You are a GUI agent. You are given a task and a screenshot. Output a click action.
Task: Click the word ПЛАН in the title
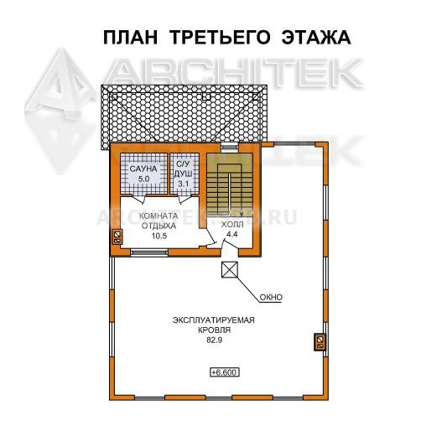(x=130, y=38)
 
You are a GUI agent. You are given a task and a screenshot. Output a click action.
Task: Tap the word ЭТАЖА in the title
(x=316, y=38)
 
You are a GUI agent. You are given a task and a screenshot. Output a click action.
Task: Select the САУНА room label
(x=143, y=169)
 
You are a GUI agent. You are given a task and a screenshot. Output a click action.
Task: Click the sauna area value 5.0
(x=143, y=179)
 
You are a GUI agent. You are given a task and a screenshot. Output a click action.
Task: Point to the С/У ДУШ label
(x=184, y=169)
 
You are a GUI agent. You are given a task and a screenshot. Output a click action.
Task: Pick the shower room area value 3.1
(x=184, y=184)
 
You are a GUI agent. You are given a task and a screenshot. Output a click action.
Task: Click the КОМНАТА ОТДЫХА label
(x=159, y=221)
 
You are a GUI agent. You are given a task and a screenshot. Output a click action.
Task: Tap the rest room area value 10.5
(x=159, y=236)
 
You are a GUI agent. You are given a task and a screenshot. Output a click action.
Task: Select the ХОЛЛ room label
(x=232, y=225)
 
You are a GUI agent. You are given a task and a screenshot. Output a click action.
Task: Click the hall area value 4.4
(x=232, y=234)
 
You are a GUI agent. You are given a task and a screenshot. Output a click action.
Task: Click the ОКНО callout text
(x=271, y=298)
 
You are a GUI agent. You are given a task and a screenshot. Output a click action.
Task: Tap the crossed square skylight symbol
(x=230, y=270)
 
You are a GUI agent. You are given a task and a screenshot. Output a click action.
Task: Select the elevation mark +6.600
(x=225, y=372)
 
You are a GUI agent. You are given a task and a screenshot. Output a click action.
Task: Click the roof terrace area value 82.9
(x=215, y=340)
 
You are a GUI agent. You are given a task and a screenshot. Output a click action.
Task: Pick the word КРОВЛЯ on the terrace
(x=215, y=330)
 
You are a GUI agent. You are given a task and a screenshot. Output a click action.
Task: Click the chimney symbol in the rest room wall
(x=117, y=237)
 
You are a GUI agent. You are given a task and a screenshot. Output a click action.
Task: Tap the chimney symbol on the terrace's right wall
(x=320, y=341)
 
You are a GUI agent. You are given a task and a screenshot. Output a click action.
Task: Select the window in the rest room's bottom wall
(x=149, y=252)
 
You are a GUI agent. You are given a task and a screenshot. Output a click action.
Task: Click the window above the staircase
(x=230, y=147)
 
